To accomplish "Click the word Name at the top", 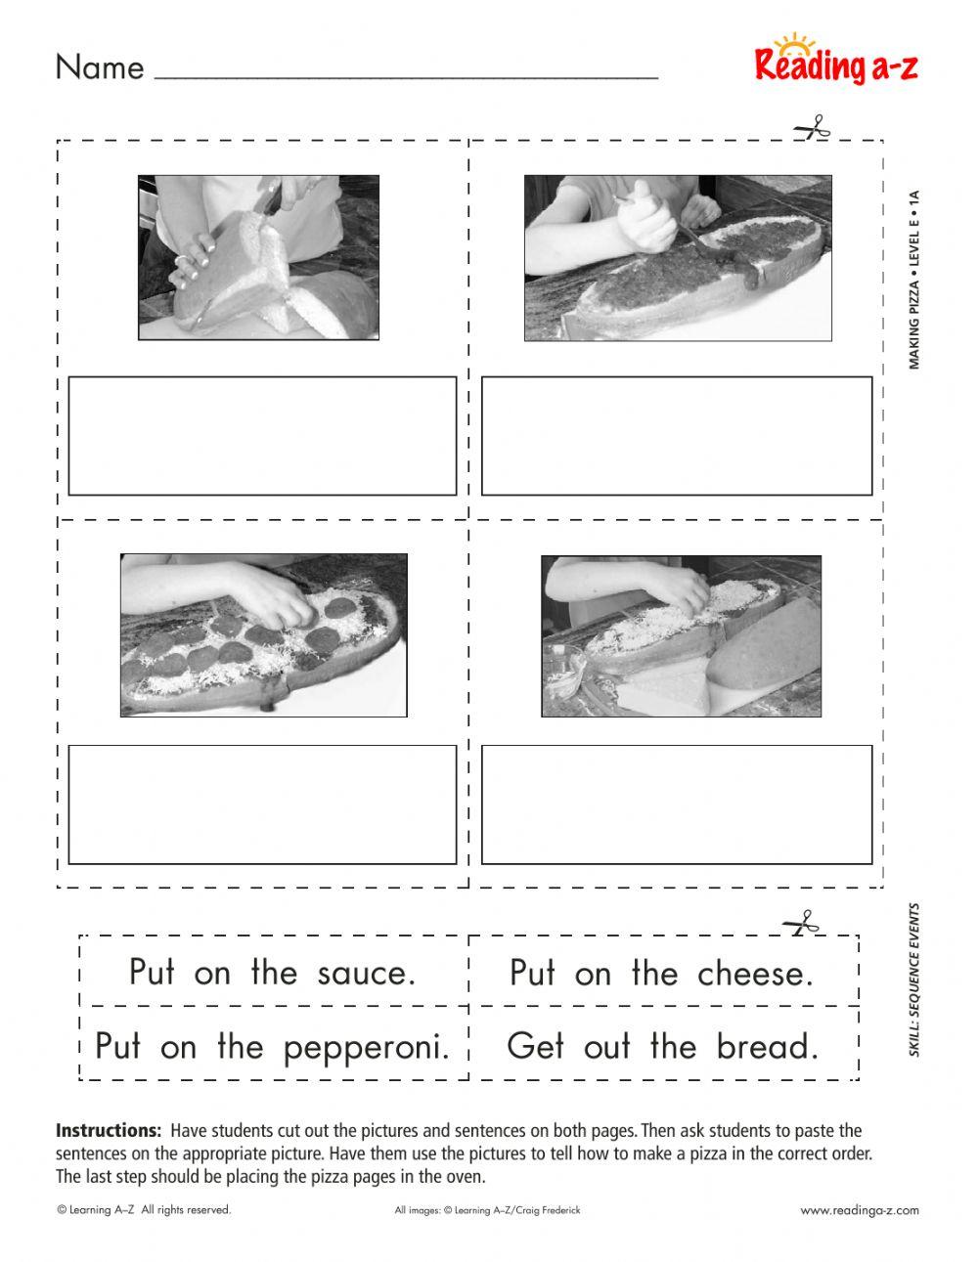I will [x=100, y=67].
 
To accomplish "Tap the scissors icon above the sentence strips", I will [x=799, y=923].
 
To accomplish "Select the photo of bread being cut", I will [x=258, y=257].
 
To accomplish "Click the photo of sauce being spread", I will [x=678, y=258].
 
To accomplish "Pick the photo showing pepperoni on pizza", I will [x=263, y=635].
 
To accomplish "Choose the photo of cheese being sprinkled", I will [x=681, y=636].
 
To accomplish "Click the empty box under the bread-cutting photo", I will [x=262, y=436].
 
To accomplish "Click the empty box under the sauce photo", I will [x=676, y=436].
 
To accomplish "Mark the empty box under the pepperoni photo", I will [x=262, y=805].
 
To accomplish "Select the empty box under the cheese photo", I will [x=676, y=805].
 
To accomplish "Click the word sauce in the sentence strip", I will [x=367, y=974].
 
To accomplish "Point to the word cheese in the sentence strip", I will [x=755, y=974].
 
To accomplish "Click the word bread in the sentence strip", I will [x=767, y=1047].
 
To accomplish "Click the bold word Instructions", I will [x=109, y=1131].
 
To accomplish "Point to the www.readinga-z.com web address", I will [x=860, y=1210].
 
